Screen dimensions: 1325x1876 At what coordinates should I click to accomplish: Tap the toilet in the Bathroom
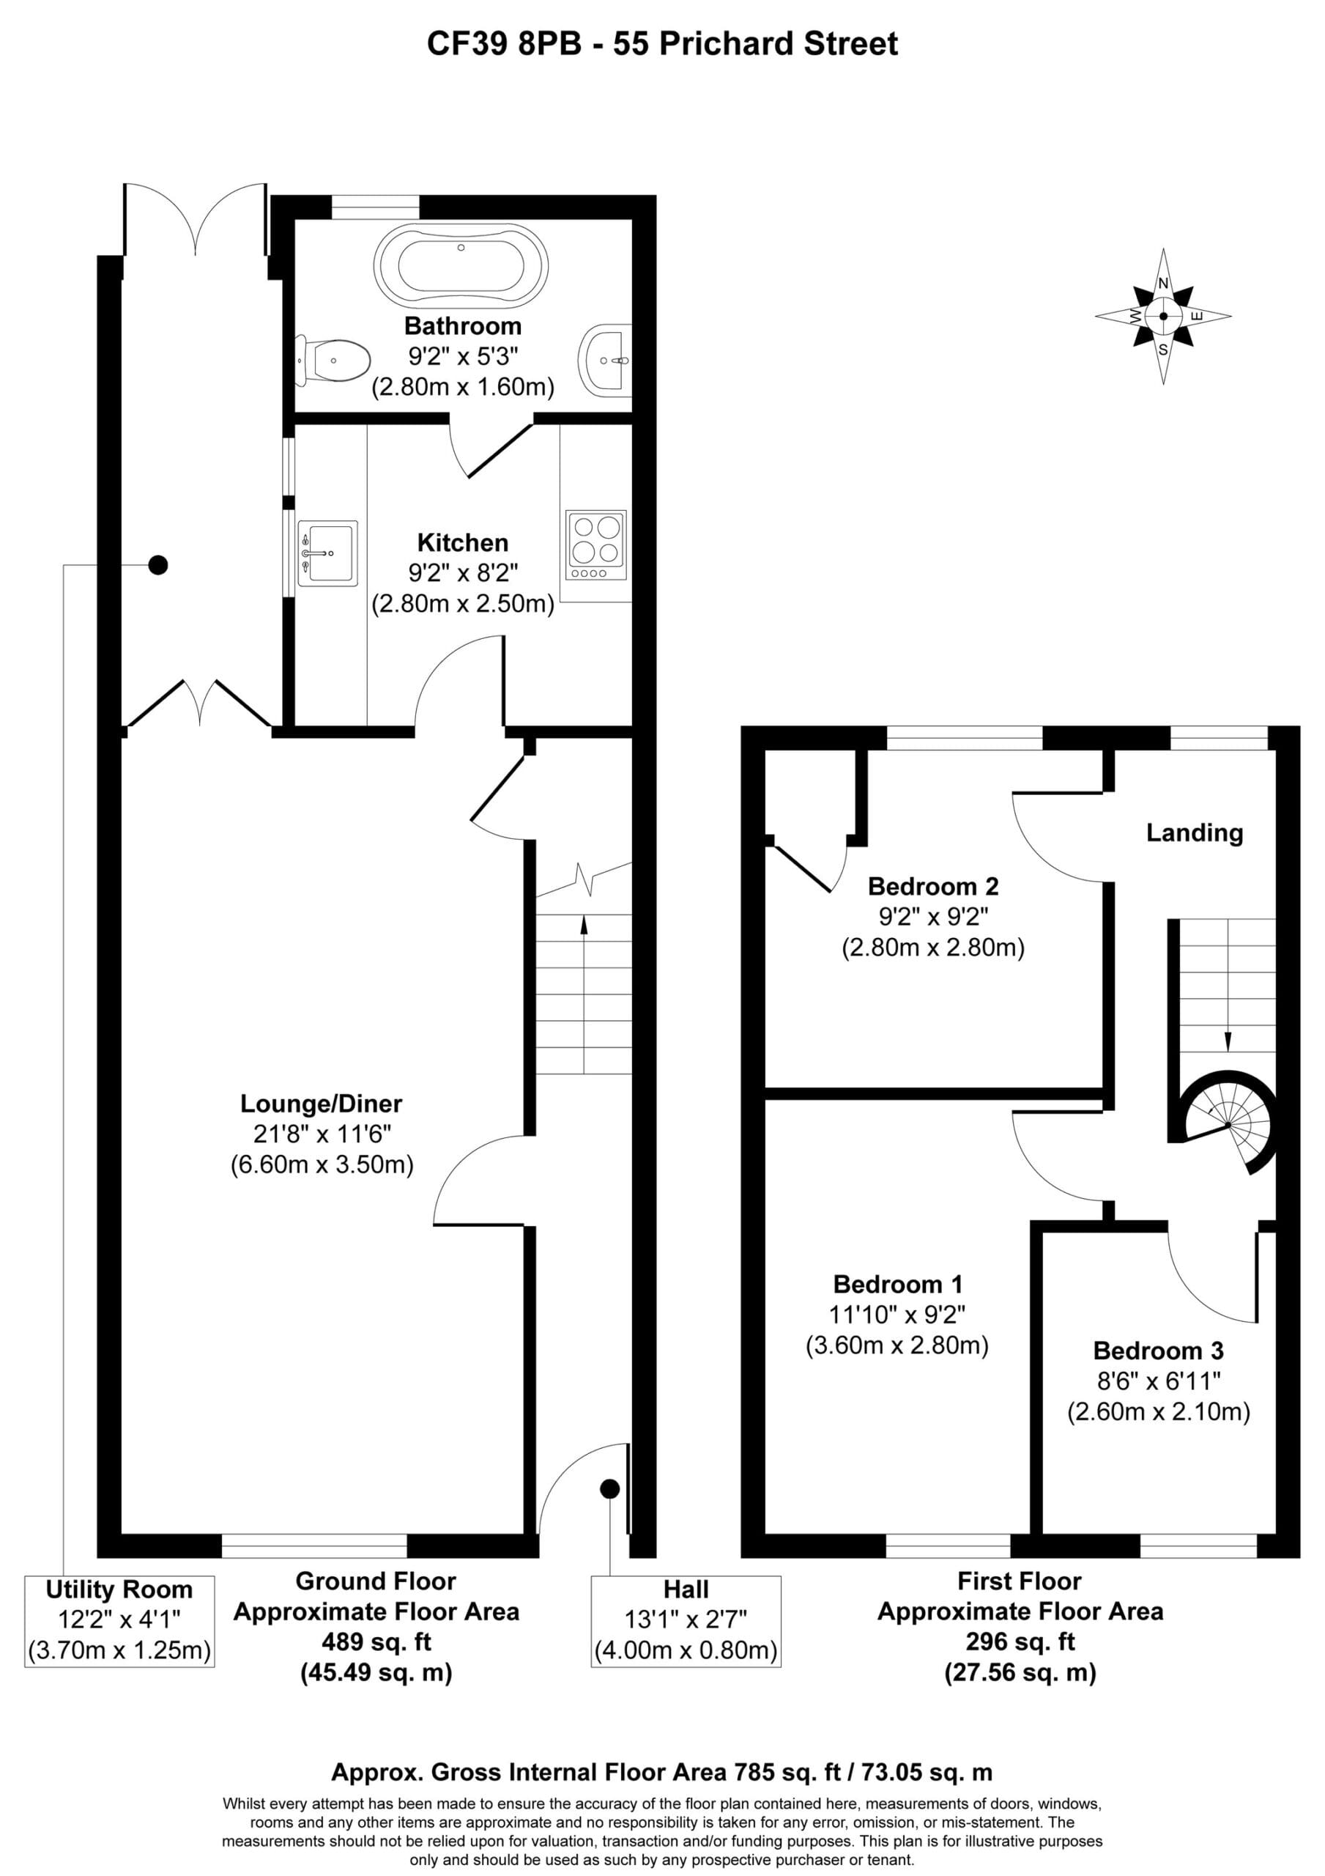tap(333, 360)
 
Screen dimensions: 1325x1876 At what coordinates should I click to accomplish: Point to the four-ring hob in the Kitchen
tap(596, 545)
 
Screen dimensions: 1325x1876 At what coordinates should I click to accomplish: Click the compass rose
tap(1163, 315)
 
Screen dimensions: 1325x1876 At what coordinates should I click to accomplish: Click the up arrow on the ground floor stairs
tap(584, 994)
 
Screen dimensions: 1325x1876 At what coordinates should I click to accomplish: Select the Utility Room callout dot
tap(157, 564)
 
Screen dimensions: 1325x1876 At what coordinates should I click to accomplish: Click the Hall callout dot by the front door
tap(609, 1488)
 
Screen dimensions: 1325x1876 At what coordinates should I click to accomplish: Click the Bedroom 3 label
tap(1158, 1351)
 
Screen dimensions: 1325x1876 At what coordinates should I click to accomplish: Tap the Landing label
tap(1195, 832)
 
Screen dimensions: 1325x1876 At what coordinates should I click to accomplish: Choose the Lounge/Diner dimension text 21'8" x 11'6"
tap(322, 1134)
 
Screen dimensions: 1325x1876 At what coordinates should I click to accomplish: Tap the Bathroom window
tap(376, 207)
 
